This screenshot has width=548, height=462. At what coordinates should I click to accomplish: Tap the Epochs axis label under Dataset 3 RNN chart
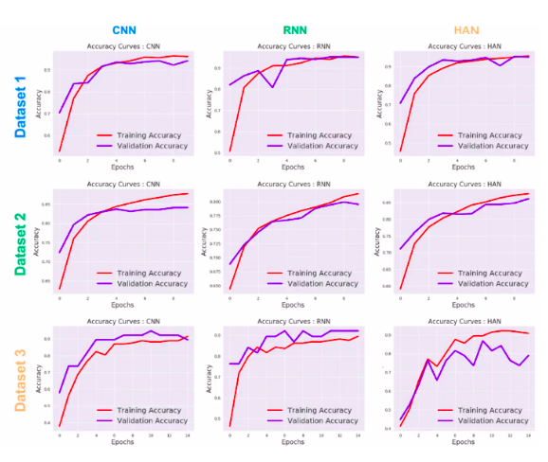click(287, 441)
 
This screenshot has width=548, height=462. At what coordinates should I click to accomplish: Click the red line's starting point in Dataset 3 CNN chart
click(59, 426)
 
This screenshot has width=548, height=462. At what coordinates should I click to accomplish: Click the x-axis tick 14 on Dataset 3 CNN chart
click(187, 435)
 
